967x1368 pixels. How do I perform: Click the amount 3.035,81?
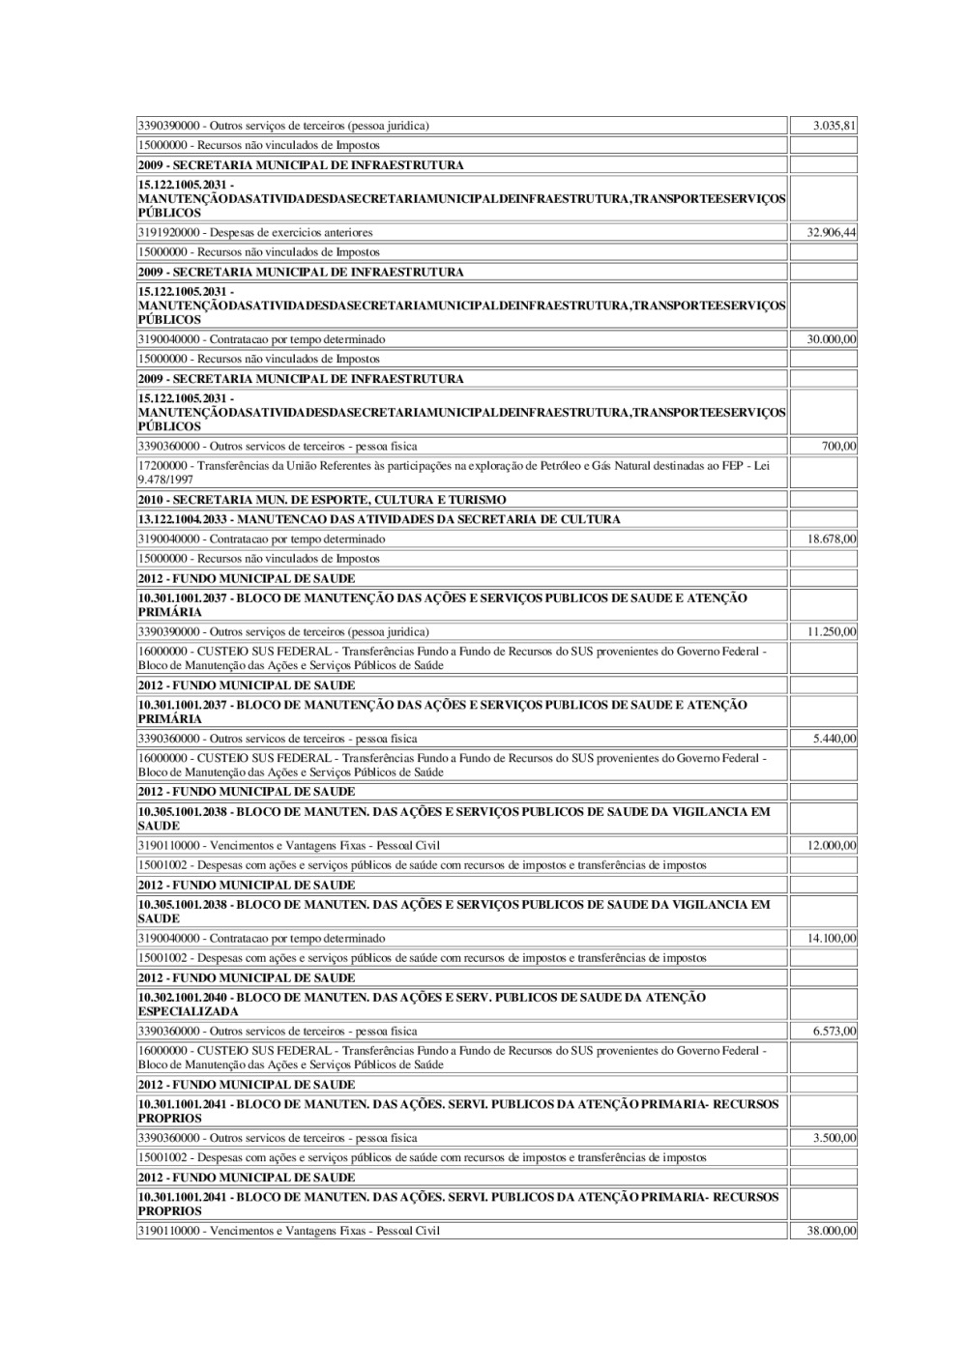pyautogui.click(x=835, y=126)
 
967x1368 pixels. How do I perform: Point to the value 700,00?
pyautogui.click(x=838, y=447)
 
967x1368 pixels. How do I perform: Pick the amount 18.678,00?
pyautogui.click(x=832, y=538)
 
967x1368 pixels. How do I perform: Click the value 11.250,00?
pyautogui.click(x=832, y=631)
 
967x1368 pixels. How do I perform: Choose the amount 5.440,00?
pyautogui.click(x=835, y=739)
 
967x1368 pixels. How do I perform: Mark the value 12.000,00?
pyautogui.click(x=832, y=845)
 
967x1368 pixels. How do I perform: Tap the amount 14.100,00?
pyautogui.click(x=832, y=938)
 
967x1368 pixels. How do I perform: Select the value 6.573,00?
pyautogui.click(x=835, y=1031)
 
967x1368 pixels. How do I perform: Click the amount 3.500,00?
pyautogui.click(x=835, y=1138)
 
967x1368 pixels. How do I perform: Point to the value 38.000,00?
pyautogui.click(x=832, y=1231)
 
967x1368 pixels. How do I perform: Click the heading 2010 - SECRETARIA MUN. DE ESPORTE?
pyautogui.click(x=322, y=500)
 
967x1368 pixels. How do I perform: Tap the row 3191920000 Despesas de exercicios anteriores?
pyautogui.click(x=255, y=232)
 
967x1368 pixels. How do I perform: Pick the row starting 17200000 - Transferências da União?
pyautogui.click(x=454, y=472)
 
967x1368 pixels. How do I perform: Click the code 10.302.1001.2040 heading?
pyautogui.click(x=422, y=1004)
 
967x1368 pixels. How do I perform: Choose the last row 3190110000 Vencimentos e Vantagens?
pyautogui.click(x=289, y=1231)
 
